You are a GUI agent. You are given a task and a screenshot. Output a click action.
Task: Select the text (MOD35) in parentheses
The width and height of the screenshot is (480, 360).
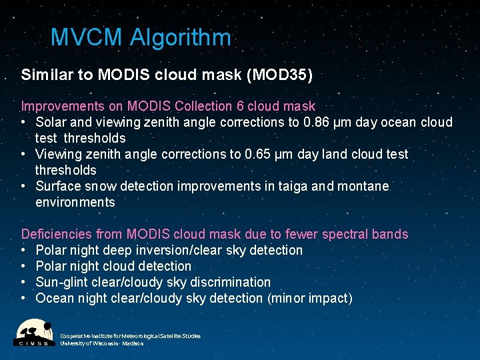tap(279, 75)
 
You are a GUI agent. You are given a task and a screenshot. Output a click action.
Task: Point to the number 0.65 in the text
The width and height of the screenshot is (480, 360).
tap(261, 154)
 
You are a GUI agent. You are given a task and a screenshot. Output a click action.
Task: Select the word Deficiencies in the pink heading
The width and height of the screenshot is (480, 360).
tap(56, 234)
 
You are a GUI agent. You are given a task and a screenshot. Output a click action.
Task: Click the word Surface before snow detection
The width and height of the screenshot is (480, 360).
tap(58, 186)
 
